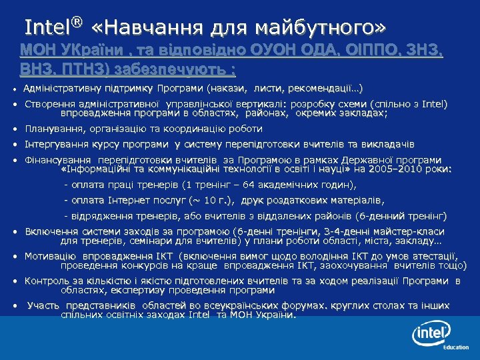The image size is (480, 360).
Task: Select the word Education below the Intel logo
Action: click(456, 347)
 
